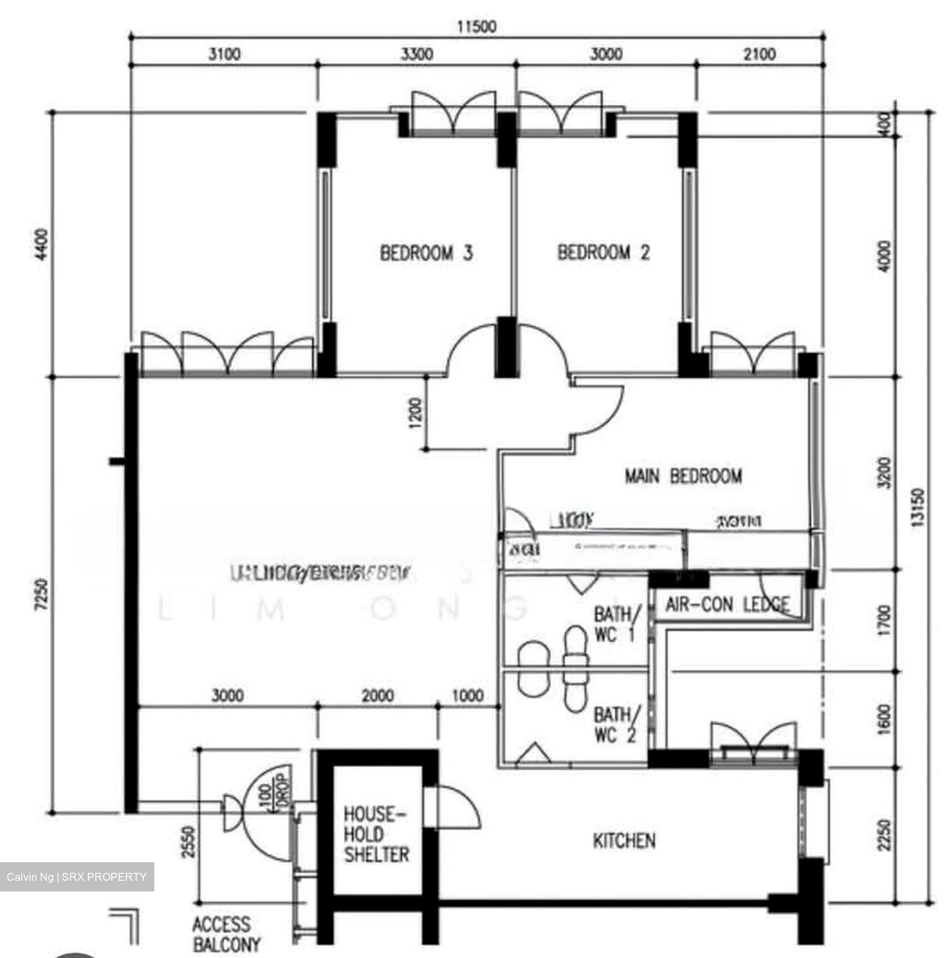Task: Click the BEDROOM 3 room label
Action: point(426,253)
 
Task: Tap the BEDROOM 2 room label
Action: point(603,253)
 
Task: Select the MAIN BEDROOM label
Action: point(683,476)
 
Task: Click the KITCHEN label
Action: point(624,841)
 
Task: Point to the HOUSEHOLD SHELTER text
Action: point(376,834)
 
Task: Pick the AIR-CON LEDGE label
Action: point(728,605)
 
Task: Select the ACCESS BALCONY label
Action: point(226,934)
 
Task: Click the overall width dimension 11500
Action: point(476,27)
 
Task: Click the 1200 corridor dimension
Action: point(416,414)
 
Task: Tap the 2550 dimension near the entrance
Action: point(188,842)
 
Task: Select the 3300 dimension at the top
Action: point(416,54)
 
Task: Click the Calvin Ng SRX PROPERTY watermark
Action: point(76,877)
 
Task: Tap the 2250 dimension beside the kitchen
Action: point(883,834)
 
